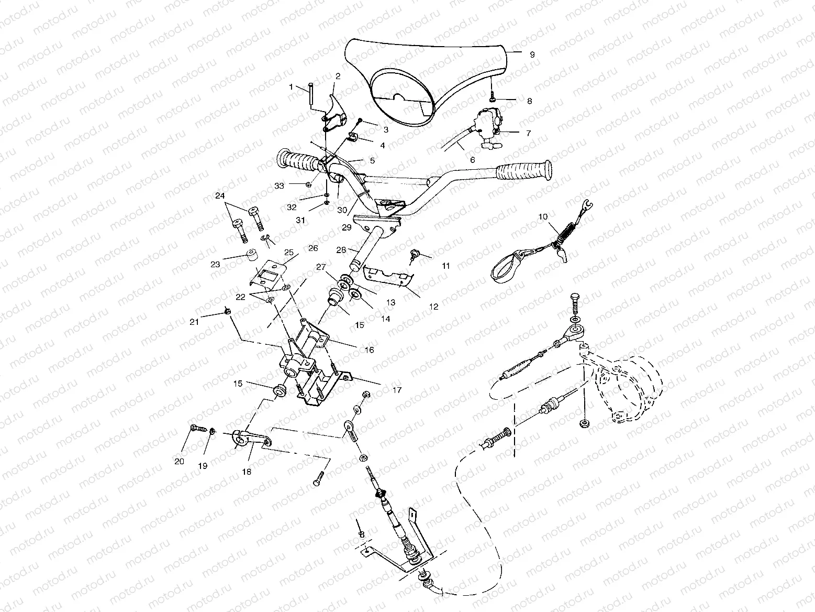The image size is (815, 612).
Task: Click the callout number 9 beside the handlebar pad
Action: [x=532, y=54]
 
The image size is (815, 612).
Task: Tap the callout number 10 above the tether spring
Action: [x=542, y=216]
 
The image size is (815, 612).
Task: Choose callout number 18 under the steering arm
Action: [x=247, y=472]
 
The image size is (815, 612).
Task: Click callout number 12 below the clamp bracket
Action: [x=433, y=307]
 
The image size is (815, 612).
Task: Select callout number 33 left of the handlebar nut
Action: [x=279, y=185]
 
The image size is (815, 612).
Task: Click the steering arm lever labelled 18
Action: [x=251, y=439]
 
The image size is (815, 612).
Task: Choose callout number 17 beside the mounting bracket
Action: [x=396, y=390]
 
